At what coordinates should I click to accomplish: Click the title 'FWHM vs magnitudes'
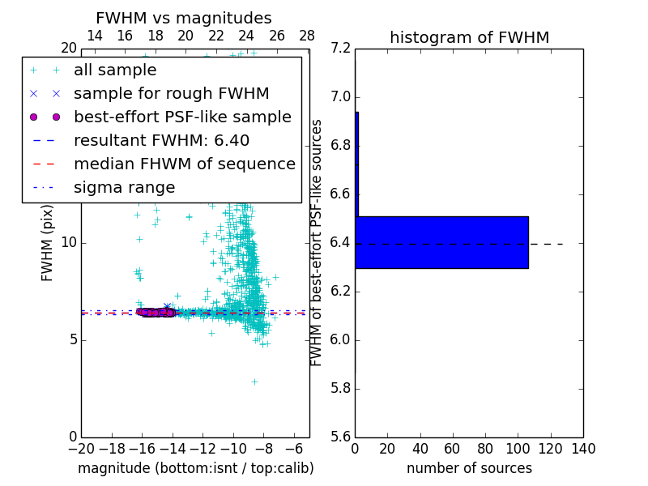click(184, 19)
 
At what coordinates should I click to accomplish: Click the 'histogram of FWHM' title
click(469, 37)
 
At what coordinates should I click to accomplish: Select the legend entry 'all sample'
click(115, 70)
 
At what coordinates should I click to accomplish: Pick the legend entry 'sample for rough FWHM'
click(171, 94)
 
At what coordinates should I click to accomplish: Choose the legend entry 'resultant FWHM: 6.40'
click(161, 141)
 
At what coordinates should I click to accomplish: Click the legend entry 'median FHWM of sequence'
click(184, 164)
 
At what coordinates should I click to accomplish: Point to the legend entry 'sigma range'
click(124, 188)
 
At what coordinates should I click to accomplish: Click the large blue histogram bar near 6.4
click(441, 242)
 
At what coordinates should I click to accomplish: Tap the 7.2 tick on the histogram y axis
click(342, 49)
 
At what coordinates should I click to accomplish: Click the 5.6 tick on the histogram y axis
click(342, 437)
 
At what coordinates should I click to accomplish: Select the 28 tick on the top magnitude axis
click(307, 36)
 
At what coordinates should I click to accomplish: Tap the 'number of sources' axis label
click(469, 468)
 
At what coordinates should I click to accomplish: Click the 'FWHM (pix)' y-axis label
click(48, 242)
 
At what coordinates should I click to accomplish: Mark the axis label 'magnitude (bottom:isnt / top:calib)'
click(195, 468)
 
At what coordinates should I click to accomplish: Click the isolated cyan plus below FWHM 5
click(254, 382)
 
